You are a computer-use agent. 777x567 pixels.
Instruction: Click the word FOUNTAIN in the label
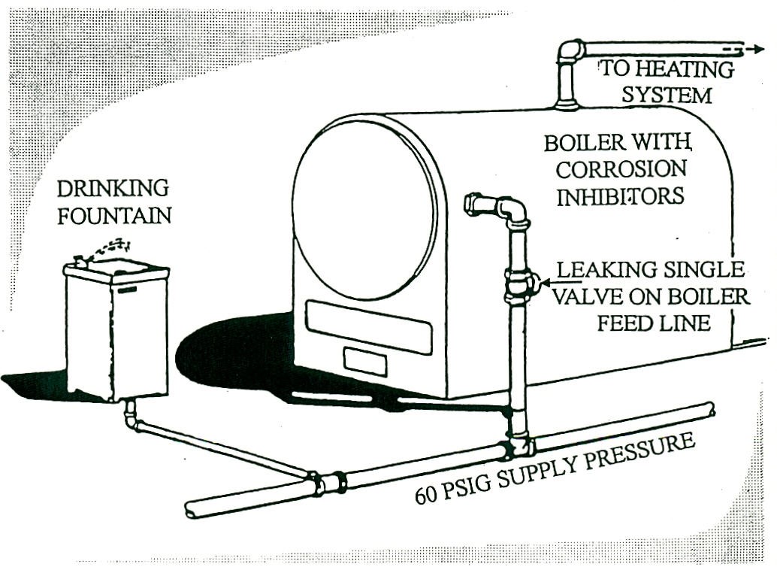point(115,216)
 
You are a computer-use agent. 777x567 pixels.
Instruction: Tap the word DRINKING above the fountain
point(113,188)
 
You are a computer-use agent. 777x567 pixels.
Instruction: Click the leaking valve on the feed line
point(519,284)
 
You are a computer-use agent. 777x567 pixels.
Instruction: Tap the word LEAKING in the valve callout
point(595,269)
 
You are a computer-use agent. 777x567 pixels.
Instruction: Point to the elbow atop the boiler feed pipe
point(513,210)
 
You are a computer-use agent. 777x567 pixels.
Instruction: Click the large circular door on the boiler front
point(364,209)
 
